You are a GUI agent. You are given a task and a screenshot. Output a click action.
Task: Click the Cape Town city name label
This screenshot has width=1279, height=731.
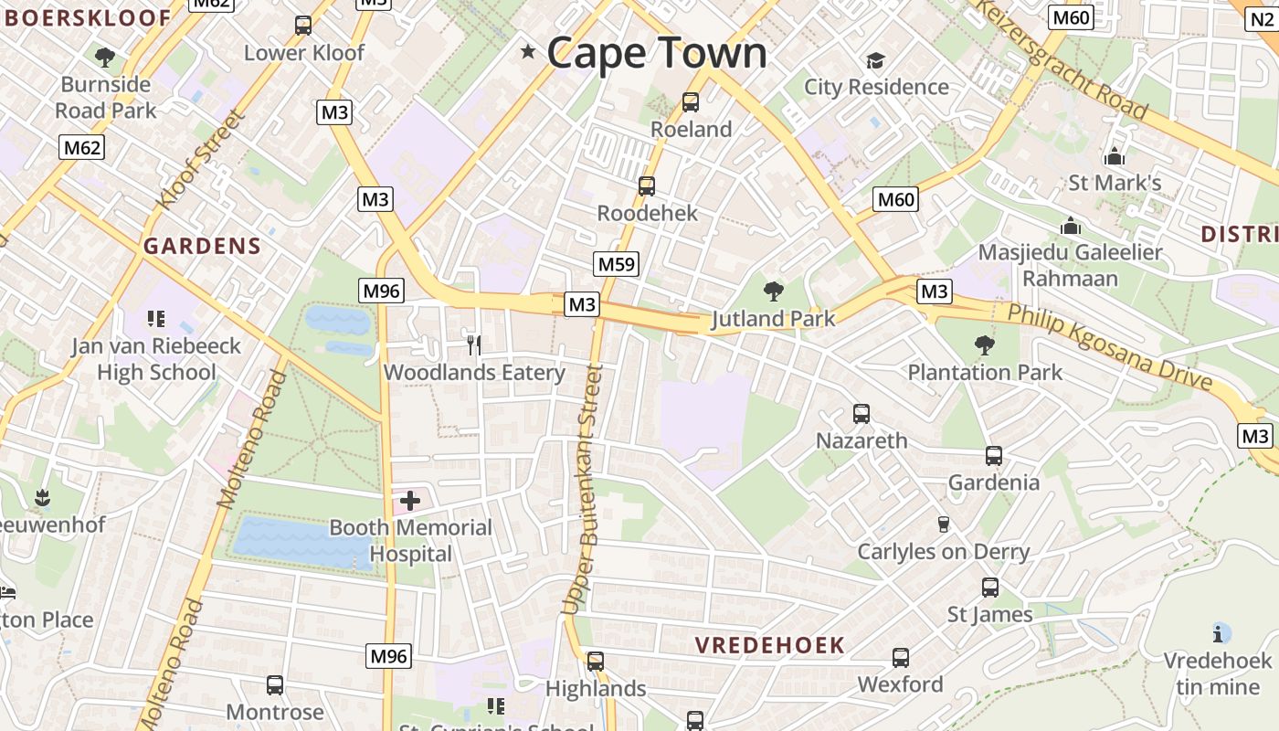click(657, 52)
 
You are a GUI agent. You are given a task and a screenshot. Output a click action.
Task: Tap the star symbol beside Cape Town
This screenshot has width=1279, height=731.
click(528, 51)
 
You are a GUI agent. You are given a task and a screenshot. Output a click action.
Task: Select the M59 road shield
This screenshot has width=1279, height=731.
click(616, 265)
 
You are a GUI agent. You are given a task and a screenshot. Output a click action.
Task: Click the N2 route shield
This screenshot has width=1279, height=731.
click(1262, 18)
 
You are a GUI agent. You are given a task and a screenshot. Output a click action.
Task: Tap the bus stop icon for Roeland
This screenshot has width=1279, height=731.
click(691, 102)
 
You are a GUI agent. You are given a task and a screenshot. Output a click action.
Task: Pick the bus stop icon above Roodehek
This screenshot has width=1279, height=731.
click(647, 186)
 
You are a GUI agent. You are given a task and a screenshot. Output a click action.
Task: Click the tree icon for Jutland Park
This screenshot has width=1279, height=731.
click(773, 291)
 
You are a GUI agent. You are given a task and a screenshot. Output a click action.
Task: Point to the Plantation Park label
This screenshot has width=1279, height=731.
click(985, 372)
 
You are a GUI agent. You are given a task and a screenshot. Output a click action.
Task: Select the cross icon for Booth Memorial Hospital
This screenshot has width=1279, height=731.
click(410, 500)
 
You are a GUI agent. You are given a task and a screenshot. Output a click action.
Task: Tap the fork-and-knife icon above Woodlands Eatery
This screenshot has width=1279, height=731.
click(473, 344)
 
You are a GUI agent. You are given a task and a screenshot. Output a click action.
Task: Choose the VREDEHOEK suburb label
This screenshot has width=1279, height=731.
click(769, 645)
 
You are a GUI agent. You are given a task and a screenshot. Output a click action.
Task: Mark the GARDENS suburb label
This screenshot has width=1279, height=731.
click(202, 246)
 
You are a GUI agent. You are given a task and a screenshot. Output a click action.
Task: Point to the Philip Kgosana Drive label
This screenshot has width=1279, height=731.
click(1109, 347)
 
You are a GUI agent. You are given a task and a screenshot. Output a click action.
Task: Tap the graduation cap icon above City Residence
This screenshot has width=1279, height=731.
click(875, 60)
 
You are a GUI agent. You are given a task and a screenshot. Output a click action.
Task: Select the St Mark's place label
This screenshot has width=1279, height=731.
click(1115, 183)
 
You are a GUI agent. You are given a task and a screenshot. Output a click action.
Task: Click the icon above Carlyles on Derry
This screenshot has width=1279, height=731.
click(944, 524)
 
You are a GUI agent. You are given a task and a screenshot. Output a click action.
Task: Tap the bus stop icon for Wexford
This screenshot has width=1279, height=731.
click(900, 658)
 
